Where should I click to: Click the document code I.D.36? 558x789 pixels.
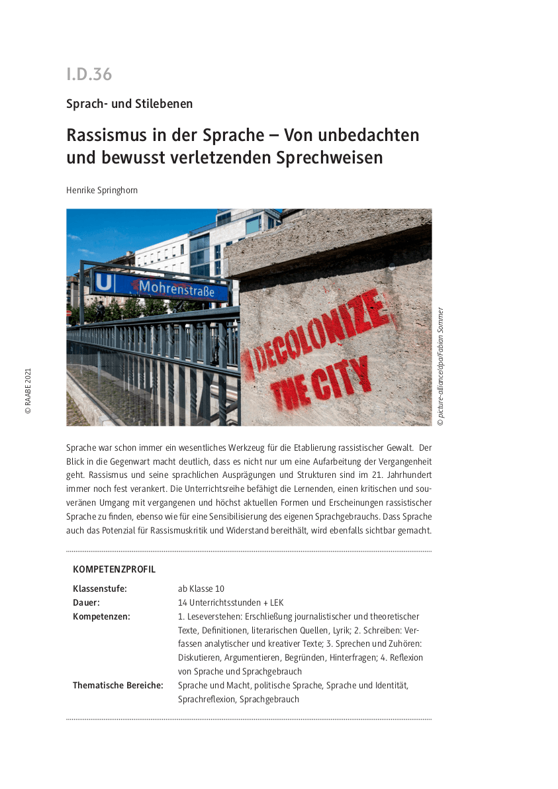(89, 74)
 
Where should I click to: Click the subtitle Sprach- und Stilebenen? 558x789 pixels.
(129, 104)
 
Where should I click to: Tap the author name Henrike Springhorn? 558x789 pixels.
(101, 190)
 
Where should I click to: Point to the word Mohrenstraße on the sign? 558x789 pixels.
(175, 287)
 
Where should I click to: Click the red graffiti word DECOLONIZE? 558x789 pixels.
(318, 338)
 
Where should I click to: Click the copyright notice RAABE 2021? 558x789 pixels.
(28, 391)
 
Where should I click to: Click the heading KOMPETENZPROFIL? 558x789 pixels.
(114, 569)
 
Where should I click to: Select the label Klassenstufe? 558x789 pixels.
(99, 588)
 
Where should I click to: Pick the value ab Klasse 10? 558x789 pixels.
(201, 588)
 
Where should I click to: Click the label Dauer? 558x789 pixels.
(86, 602)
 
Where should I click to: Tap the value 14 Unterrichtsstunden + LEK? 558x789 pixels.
(231, 602)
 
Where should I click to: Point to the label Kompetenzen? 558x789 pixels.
(101, 616)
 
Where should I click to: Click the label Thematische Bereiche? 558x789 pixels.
(118, 685)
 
